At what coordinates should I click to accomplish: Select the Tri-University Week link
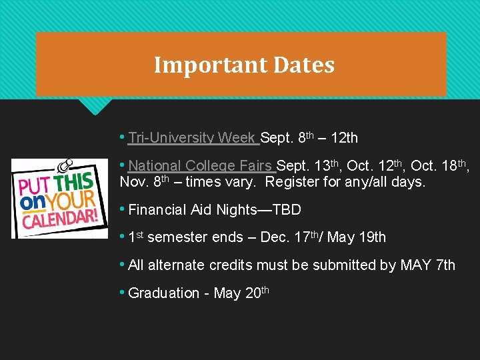pyautogui.click(x=191, y=138)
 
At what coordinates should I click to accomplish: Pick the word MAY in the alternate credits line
pyautogui.click(x=416, y=265)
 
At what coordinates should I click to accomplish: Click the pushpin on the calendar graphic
pyautogui.click(x=65, y=163)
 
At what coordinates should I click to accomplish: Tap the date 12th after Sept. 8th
pyautogui.click(x=344, y=138)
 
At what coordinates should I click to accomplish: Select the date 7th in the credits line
pyautogui.click(x=445, y=265)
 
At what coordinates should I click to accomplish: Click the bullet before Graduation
pyautogui.click(x=123, y=293)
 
